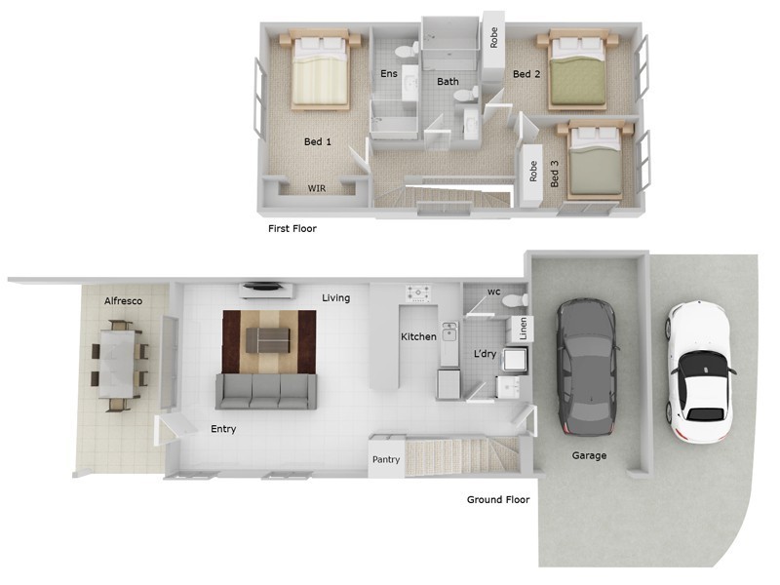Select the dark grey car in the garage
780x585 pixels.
click(x=586, y=368)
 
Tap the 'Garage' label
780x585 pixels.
click(x=589, y=455)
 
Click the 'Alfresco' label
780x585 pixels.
click(x=124, y=301)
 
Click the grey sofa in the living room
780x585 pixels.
click(x=266, y=390)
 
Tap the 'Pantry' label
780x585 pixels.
click(x=384, y=460)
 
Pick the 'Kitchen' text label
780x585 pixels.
click(x=419, y=337)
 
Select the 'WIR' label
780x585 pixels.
click(x=317, y=188)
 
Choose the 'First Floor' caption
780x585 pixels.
click(x=292, y=229)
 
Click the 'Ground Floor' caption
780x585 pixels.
click(x=497, y=500)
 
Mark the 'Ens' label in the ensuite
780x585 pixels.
click(x=388, y=74)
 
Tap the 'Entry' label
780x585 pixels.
click(x=223, y=429)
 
